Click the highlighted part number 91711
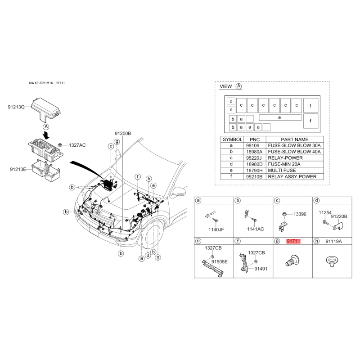point(293,241)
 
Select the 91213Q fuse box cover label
point(16,107)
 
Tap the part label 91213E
point(18,169)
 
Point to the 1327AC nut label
point(77,145)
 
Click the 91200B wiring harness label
point(123,133)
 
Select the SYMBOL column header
point(232,139)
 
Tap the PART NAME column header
point(295,139)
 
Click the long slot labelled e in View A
point(280,117)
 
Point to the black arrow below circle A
point(47,135)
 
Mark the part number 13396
point(300,214)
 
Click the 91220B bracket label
point(339,216)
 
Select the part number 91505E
point(220,262)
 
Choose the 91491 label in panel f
point(261,269)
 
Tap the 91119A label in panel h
point(333,241)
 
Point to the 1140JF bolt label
point(216,229)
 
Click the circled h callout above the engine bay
point(149,179)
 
